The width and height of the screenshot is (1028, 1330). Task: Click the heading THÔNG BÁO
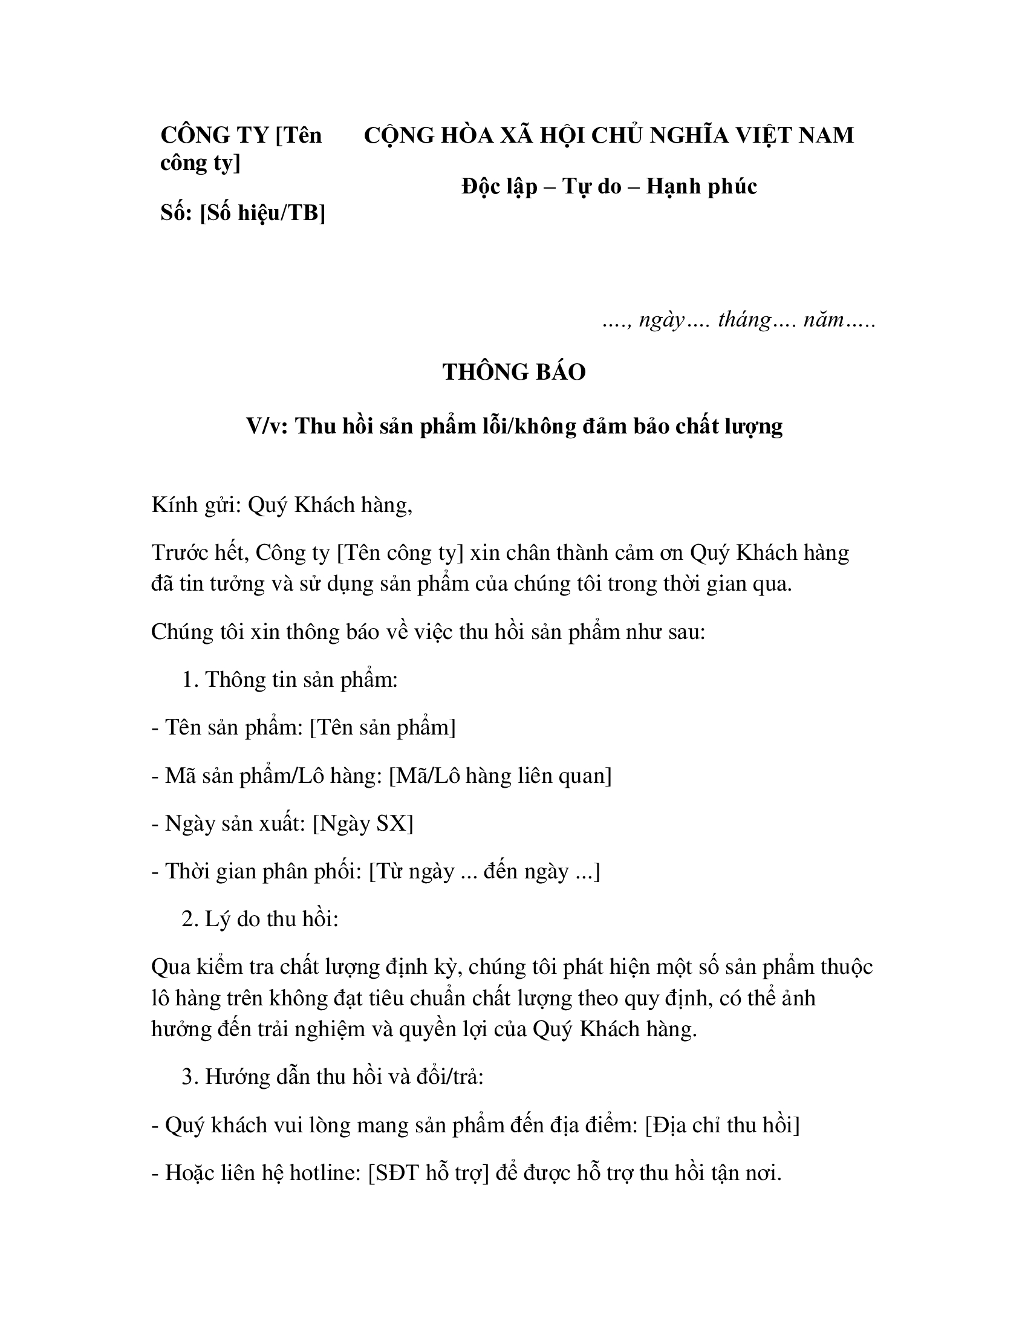pyautogui.click(x=513, y=372)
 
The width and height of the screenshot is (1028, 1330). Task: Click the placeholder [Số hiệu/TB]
pyautogui.click(x=262, y=213)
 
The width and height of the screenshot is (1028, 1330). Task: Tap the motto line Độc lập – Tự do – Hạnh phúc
pyautogui.click(x=609, y=186)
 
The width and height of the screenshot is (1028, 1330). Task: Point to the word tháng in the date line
pyautogui.click(x=744, y=319)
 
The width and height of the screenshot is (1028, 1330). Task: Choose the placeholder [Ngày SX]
pyautogui.click(x=363, y=823)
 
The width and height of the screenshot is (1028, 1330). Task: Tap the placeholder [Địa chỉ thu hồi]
pyautogui.click(x=722, y=1125)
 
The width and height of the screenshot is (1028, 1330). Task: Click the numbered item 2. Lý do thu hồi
pyautogui.click(x=259, y=919)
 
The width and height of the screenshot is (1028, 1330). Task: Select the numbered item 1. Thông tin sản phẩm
pyautogui.click(x=289, y=680)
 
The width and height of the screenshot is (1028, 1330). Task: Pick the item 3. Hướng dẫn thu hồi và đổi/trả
pyautogui.click(x=332, y=1077)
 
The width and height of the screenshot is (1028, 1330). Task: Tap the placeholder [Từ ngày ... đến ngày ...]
pyautogui.click(x=485, y=871)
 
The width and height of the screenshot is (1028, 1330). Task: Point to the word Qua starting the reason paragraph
pyautogui.click(x=171, y=967)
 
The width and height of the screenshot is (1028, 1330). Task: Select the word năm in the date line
pyautogui.click(x=823, y=319)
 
